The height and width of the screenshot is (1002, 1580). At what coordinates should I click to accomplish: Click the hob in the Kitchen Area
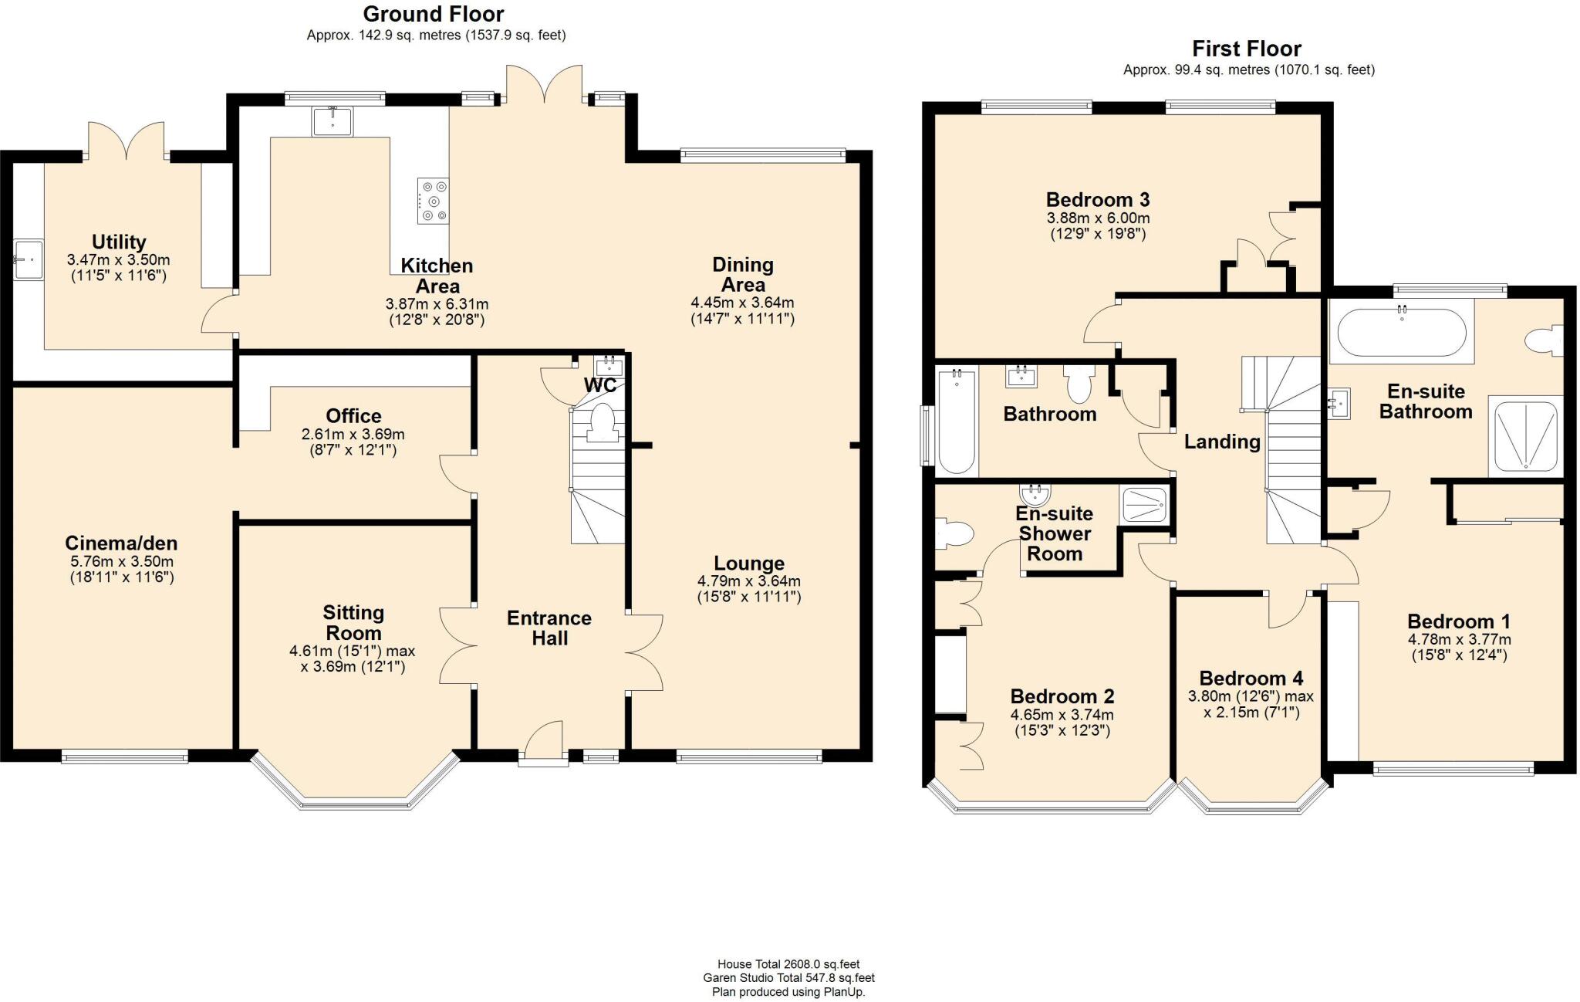[x=433, y=201]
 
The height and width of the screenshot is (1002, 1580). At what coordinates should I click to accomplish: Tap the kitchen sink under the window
[x=333, y=121]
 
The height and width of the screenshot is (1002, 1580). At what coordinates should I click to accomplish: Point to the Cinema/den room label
[x=121, y=543]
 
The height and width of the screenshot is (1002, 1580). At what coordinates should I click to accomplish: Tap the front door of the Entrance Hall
[x=543, y=743]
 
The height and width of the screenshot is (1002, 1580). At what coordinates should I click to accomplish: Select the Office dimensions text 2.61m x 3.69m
[x=353, y=434]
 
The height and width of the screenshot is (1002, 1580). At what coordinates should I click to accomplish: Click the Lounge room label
[x=749, y=563]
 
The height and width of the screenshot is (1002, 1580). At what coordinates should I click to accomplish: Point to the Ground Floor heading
[x=434, y=14]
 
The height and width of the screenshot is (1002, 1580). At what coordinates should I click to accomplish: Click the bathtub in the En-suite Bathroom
[x=1401, y=331]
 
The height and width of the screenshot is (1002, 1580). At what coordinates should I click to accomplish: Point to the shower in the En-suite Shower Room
[x=1145, y=504]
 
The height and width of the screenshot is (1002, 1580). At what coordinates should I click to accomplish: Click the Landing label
[x=1222, y=442]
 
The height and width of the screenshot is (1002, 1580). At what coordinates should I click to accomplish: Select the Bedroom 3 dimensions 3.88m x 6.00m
[x=1097, y=218]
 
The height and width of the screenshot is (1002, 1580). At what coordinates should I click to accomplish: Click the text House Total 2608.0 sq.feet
[x=788, y=964]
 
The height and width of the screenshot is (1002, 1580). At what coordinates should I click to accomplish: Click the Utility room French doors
[x=127, y=140]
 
